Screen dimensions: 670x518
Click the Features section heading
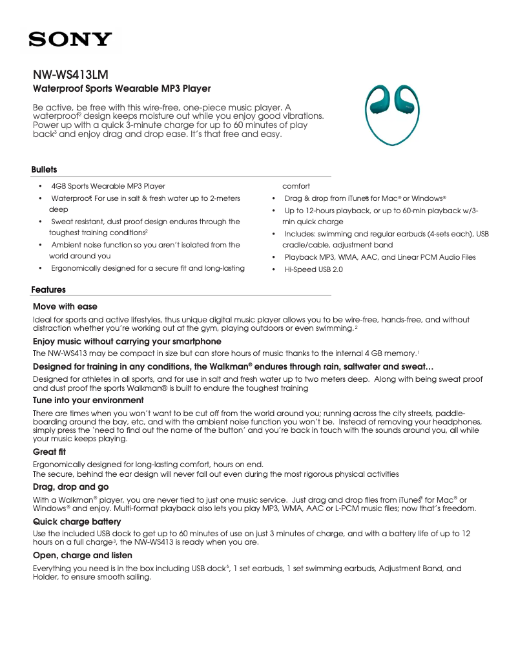coord(48,289)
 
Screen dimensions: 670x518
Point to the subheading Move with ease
coord(65,306)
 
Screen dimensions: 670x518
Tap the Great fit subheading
coord(49,452)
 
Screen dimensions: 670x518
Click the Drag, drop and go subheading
coord(70,486)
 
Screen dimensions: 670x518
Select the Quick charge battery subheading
coord(77,521)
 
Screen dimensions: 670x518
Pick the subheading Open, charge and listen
coord(82,555)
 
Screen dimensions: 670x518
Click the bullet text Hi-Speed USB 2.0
coord(314,269)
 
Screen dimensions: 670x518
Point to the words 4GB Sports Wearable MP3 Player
coord(108,186)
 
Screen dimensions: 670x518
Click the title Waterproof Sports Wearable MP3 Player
coord(121,89)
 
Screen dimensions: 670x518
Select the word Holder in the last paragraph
coord(45,578)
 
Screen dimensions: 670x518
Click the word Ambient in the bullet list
coord(66,245)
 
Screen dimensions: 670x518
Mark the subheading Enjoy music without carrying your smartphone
coord(127,340)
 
